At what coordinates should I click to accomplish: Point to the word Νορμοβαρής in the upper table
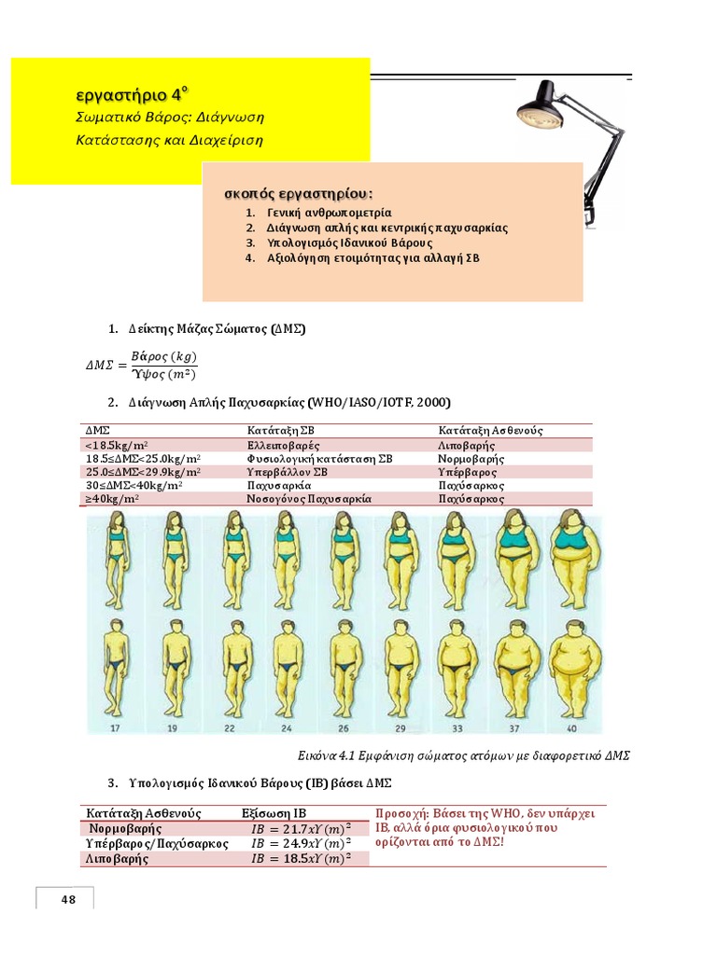pyautogui.click(x=471, y=459)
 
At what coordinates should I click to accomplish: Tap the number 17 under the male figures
pyautogui.click(x=116, y=727)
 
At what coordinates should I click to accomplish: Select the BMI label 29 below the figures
pyautogui.click(x=401, y=727)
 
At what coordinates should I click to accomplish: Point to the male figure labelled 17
pyautogui.click(x=116, y=666)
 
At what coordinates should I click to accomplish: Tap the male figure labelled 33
pyautogui.click(x=458, y=666)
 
